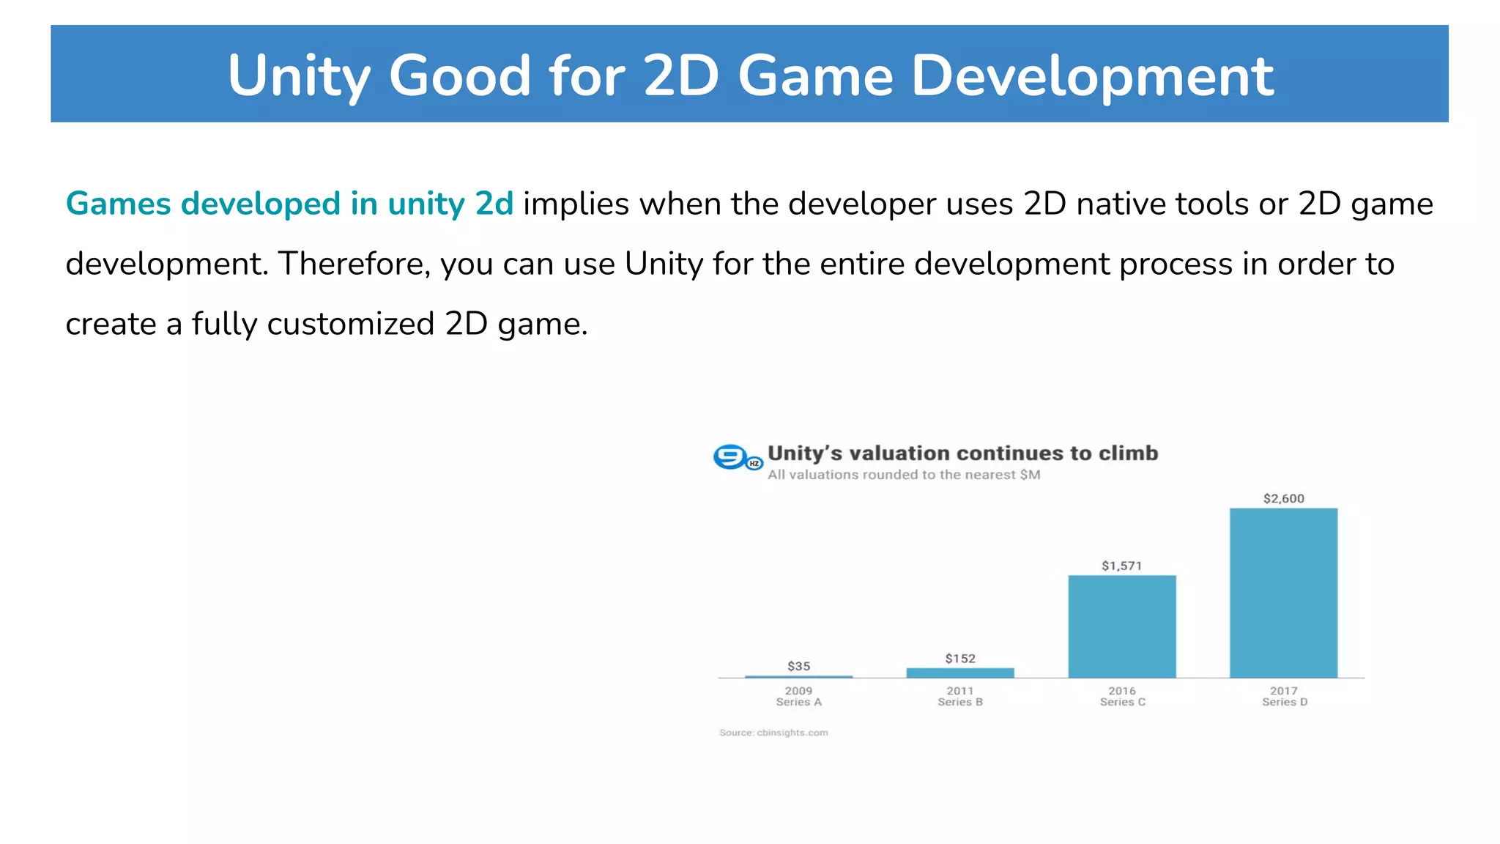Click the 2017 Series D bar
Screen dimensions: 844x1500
click(x=1283, y=593)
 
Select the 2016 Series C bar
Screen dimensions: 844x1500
click(x=1121, y=626)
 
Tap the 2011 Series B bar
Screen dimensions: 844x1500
click(x=959, y=673)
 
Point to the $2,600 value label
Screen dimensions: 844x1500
click(x=1283, y=498)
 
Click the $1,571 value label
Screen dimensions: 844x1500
click(x=1121, y=566)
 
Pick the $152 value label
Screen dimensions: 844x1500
click(x=959, y=658)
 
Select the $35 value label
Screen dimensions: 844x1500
click(x=798, y=666)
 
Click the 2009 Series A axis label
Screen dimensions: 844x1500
click(x=798, y=696)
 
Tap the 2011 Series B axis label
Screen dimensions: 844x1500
click(x=959, y=696)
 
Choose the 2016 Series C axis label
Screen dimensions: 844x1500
click(x=1122, y=696)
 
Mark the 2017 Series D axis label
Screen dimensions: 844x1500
click(x=1284, y=696)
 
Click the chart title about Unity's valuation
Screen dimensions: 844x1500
click(x=962, y=454)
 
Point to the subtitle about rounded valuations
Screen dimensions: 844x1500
click(x=903, y=475)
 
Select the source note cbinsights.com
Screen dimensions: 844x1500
click(x=773, y=733)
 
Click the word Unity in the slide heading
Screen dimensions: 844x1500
click(x=299, y=76)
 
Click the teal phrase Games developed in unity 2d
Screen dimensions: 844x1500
click(x=289, y=204)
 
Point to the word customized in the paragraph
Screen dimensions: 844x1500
click(x=351, y=324)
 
